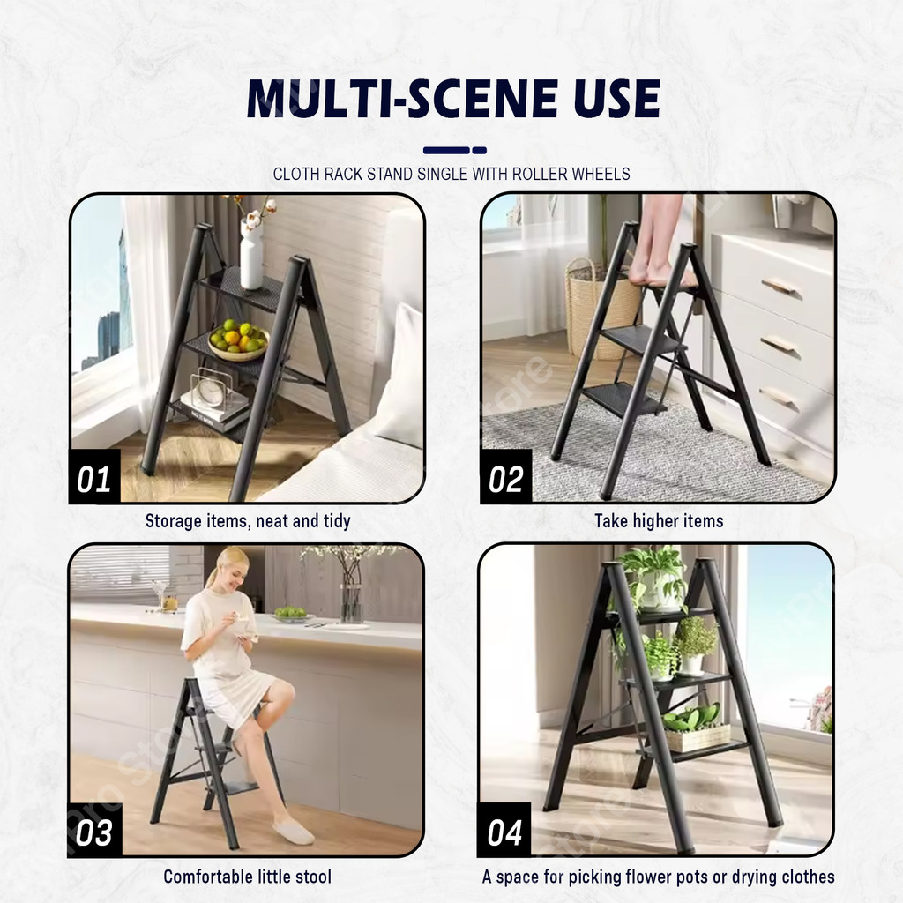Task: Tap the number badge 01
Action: point(94,477)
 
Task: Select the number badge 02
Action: point(505,477)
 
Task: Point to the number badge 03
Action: point(95,831)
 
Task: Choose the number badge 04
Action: point(504,831)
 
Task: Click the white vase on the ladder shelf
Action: point(251,254)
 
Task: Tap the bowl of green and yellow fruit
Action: point(238,340)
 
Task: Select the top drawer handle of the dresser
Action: point(780,287)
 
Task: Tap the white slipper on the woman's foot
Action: point(293,832)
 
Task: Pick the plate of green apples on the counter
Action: point(291,615)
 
